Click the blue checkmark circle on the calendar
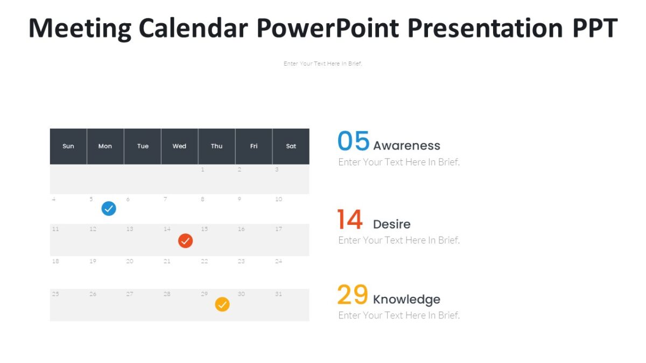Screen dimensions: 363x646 [109, 209]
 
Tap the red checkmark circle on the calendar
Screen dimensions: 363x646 [185, 241]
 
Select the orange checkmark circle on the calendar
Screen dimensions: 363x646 [222, 304]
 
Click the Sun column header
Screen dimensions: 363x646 [68, 146]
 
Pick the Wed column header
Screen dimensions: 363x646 [179, 146]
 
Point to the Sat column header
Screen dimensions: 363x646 [291, 146]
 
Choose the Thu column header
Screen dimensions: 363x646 [216, 146]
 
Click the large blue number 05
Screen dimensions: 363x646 [353, 142]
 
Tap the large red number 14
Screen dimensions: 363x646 [350, 220]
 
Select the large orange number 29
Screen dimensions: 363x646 [353, 295]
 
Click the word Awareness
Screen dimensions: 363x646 [406, 146]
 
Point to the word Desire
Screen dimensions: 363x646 [391, 224]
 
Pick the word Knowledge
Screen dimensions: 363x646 [406, 300]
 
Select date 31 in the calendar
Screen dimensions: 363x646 [278, 294]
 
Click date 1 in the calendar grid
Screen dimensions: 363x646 [202, 169]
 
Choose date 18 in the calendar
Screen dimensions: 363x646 [55, 261]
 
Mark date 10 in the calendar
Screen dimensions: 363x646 [278, 199]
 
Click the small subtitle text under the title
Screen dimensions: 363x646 [322, 63]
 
